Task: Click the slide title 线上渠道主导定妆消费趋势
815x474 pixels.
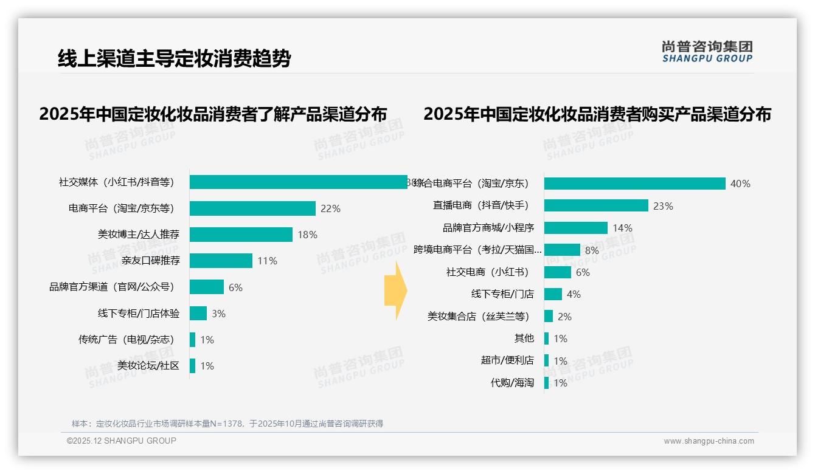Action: (x=174, y=58)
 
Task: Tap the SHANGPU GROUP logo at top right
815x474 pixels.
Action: (x=707, y=52)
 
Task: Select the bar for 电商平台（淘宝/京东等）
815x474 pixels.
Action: (x=252, y=208)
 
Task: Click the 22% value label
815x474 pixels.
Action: (x=330, y=208)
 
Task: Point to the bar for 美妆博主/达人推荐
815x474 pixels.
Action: (x=241, y=235)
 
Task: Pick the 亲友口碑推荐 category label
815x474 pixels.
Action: (x=150, y=261)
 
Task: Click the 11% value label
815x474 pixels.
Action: (x=267, y=261)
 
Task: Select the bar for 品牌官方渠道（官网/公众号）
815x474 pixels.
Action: (x=207, y=287)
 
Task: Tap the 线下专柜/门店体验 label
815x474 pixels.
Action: (x=139, y=314)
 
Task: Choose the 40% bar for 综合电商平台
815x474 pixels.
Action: (x=634, y=184)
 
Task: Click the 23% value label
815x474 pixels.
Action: (x=663, y=206)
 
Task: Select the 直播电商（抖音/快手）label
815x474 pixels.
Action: (x=480, y=205)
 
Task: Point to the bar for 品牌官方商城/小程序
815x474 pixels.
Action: (x=575, y=228)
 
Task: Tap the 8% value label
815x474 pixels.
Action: (x=592, y=250)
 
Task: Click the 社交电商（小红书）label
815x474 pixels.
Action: (x=487, y=272)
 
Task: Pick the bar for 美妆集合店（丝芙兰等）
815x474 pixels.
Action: (x=549, y=317)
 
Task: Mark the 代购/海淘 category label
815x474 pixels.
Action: (x=512, y=383)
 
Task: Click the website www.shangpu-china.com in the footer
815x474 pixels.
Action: (x=709, y=441)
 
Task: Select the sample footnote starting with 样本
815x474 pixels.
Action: (x=227, y=424)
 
